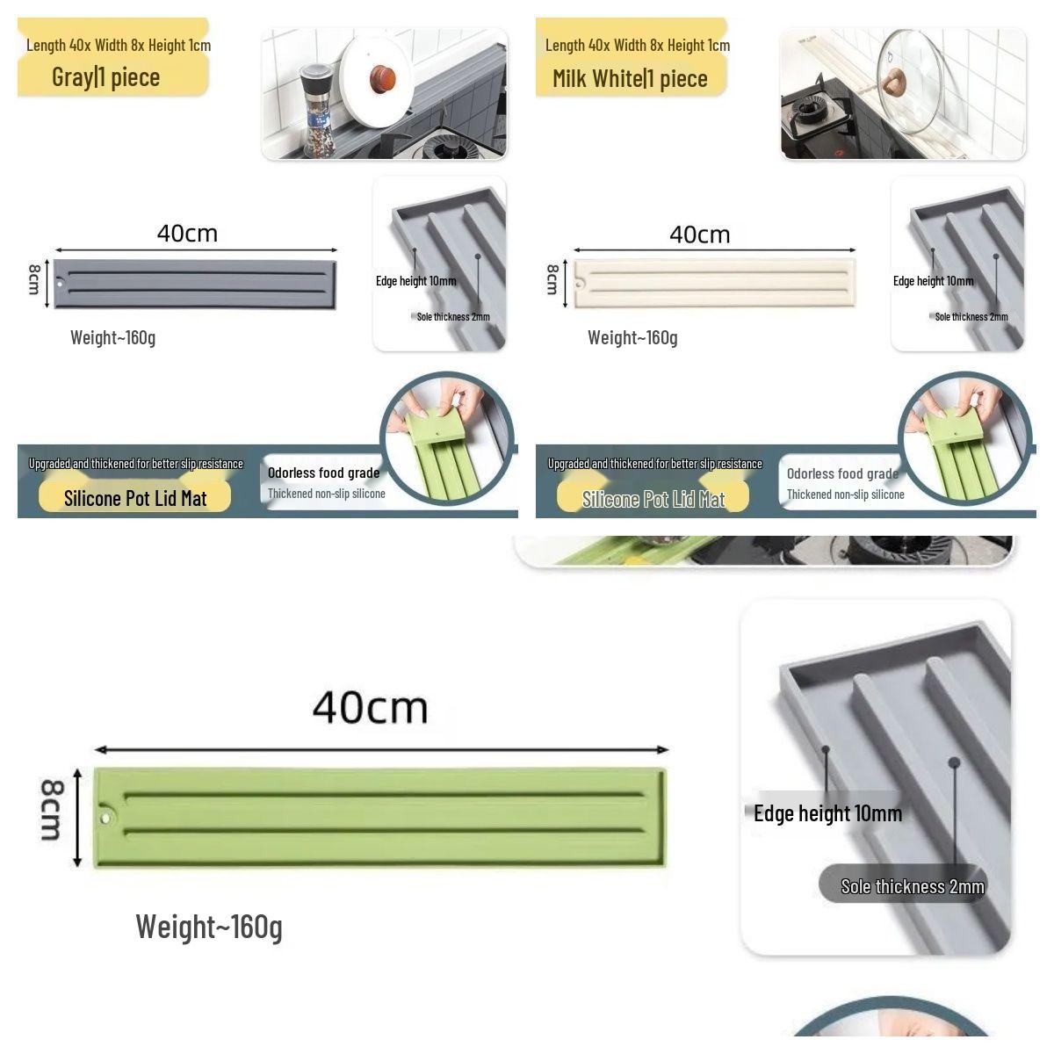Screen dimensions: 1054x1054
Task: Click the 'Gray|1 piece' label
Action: (106, 77)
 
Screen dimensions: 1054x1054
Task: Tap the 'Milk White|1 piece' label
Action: (630, 79)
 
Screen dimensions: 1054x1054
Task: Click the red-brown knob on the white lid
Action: (383, 77)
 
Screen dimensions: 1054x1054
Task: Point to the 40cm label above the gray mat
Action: (188, 234)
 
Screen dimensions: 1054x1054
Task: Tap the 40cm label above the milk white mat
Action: (700, 235)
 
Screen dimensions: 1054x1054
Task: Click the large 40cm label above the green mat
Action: (371, 708)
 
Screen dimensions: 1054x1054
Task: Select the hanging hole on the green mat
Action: (105, 819)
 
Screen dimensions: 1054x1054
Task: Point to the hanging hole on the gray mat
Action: (60, 284)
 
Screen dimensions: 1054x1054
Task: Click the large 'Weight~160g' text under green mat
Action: (209, 928)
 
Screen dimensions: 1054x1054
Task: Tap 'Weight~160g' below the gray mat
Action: (112, 337)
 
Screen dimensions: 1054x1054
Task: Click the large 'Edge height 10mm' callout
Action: (827, 813)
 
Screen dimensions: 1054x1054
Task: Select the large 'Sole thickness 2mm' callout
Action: (913, 886)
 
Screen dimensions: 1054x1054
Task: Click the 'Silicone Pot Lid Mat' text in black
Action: (135, 498)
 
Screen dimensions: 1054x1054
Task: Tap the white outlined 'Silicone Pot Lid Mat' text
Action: (653, 499)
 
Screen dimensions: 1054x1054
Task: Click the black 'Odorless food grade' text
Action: (324, 473)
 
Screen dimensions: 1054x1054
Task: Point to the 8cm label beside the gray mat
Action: (34, 279)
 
